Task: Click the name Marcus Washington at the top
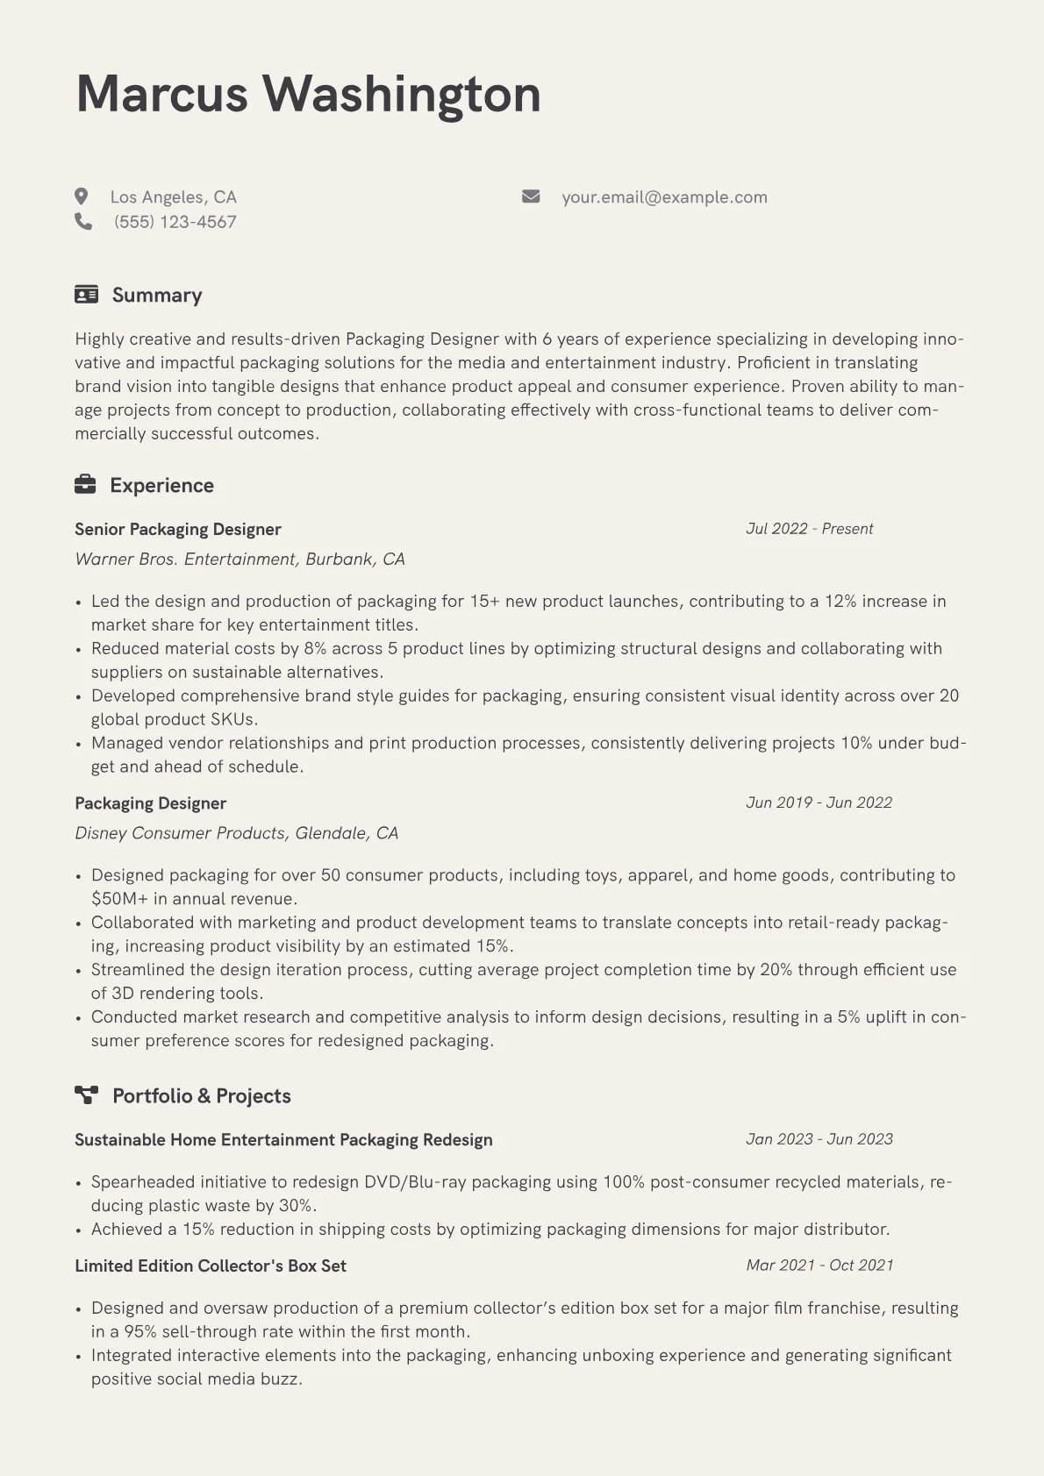tap(308, 94)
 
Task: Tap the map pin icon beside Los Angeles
tap(82, 196)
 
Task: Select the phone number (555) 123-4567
tap(175, 222)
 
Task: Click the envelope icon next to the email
tap(531, 196)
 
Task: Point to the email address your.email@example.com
tap(664, 197)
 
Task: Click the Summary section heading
tap(157, 296)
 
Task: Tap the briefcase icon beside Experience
tap(85, 485)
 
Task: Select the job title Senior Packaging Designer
tap(178, 530)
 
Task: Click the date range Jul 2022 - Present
tap(809, 529)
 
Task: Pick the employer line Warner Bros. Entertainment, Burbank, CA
tap(240, 560)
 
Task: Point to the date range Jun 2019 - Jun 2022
tap(819, 802)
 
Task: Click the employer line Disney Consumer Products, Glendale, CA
tap(236, 833)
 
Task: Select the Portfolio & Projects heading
tap(202, 1096)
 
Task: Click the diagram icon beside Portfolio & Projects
tap(86, 1095)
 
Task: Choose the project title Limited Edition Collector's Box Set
tap(211, 1266)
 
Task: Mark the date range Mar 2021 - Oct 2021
tap(819, 1266)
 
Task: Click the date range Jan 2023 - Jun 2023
tap(819, 1139)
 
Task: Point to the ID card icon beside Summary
tap(86, 295)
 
